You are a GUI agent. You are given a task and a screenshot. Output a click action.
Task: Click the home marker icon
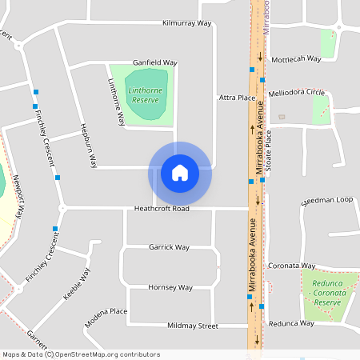(x=180, y=173)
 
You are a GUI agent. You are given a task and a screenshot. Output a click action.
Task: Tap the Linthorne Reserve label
(x=144, y=96)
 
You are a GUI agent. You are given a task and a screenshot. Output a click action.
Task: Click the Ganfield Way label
(x=155, y=62)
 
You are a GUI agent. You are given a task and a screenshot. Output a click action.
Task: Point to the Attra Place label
(x=237, y=98)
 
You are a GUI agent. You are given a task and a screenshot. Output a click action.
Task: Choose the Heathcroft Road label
(x=162, y=209)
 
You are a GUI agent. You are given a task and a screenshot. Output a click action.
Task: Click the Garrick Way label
(x=169, y=247)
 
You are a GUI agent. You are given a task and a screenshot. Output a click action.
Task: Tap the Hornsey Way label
(x=170, y=287)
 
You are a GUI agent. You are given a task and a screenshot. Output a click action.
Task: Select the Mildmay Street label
(x=193, y=326)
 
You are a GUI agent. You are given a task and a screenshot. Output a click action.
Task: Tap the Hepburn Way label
(x=88, y=146)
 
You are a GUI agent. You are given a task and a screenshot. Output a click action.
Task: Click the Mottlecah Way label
(x=296, y=59)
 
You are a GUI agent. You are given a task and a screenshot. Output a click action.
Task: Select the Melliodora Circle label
(x=296, y=94)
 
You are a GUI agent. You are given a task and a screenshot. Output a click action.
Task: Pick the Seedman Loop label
(x=326, y=200)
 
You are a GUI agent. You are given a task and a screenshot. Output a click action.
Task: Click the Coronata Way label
(x=291, y=266)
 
